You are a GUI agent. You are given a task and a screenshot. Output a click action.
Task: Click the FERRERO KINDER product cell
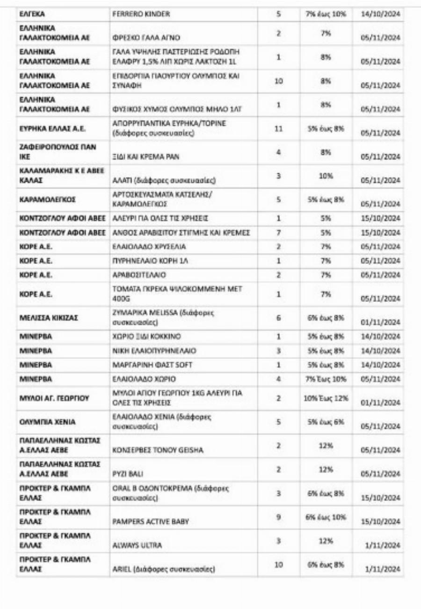141,14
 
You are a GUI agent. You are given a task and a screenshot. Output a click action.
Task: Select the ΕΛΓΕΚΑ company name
32,14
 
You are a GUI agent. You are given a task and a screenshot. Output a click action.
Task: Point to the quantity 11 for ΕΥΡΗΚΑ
278,128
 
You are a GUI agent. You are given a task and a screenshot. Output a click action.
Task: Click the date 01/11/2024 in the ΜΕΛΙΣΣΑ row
380,322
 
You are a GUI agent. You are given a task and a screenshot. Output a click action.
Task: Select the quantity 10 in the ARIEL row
278,564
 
